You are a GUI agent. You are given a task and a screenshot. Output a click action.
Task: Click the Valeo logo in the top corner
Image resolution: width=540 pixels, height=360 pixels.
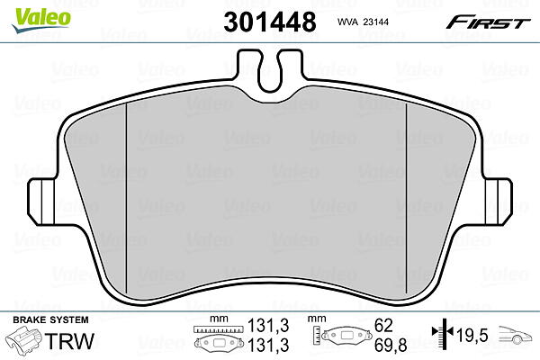coord(41,21)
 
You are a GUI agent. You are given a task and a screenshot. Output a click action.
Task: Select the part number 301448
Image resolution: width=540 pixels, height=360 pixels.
coord(270,22)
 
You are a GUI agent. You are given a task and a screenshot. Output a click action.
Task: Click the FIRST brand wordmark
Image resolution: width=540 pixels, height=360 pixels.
coord(488,22)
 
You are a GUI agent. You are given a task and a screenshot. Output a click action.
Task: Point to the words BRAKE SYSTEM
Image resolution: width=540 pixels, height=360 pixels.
coord(50,319)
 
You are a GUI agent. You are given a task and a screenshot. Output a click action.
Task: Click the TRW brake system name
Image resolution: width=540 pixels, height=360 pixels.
coord(69,341)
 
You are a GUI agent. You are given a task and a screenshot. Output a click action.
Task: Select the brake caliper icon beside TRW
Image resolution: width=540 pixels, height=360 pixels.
coord(25,340)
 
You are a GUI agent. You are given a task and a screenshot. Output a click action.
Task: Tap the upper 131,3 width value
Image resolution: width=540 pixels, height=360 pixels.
coord(268,325)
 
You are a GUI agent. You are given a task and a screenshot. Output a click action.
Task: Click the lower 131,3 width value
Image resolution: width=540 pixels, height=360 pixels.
coord(268,345)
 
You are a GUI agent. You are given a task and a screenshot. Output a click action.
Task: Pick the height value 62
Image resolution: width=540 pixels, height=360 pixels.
coord(383,325)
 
